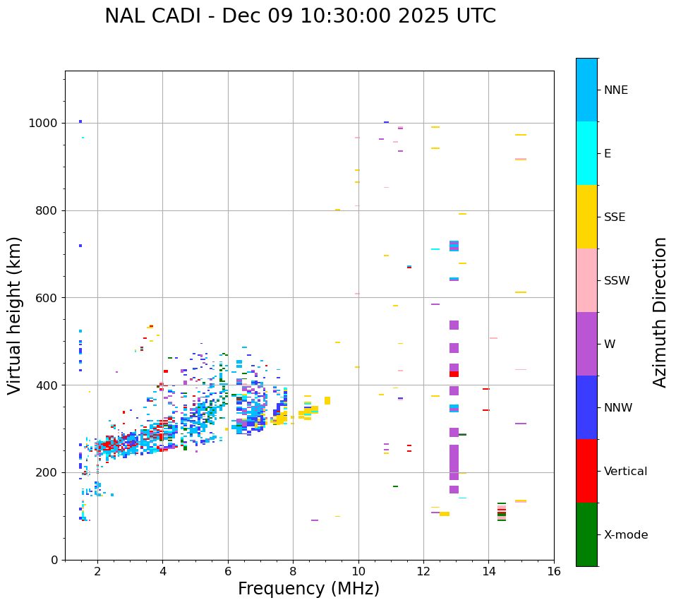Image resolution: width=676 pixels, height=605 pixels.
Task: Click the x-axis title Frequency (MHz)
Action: click(308, 589)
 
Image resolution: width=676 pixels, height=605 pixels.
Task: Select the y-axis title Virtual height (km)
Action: click(15, 315)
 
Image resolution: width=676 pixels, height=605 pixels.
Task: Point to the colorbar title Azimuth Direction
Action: click(660, 312)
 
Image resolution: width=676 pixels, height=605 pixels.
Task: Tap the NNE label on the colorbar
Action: click(615, 90)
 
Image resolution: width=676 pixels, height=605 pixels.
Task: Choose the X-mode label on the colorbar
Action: click(625, 535)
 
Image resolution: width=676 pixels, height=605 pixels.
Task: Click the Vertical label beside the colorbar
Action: click(625, 472)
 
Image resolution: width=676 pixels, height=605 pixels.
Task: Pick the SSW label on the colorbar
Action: click(617, 281)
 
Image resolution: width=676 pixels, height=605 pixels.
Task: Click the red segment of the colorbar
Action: click(586, 471)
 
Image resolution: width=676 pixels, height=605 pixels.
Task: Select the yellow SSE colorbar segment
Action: click(586, 217)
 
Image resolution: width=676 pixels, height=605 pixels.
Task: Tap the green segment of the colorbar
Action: click(586, 534)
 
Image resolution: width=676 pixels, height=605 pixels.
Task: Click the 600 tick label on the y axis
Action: click(48, 298)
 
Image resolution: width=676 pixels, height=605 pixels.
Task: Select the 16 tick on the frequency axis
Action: click(554, 571)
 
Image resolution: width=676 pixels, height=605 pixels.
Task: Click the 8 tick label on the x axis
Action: click(293, 571)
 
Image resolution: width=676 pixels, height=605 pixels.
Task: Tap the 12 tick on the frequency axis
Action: click(423, 571)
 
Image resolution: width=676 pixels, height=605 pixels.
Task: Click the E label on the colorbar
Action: click(608, 154)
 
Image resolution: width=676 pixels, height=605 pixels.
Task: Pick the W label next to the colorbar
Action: click(610, 345)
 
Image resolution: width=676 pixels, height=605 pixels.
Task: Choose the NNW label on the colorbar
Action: click(618, 408)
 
